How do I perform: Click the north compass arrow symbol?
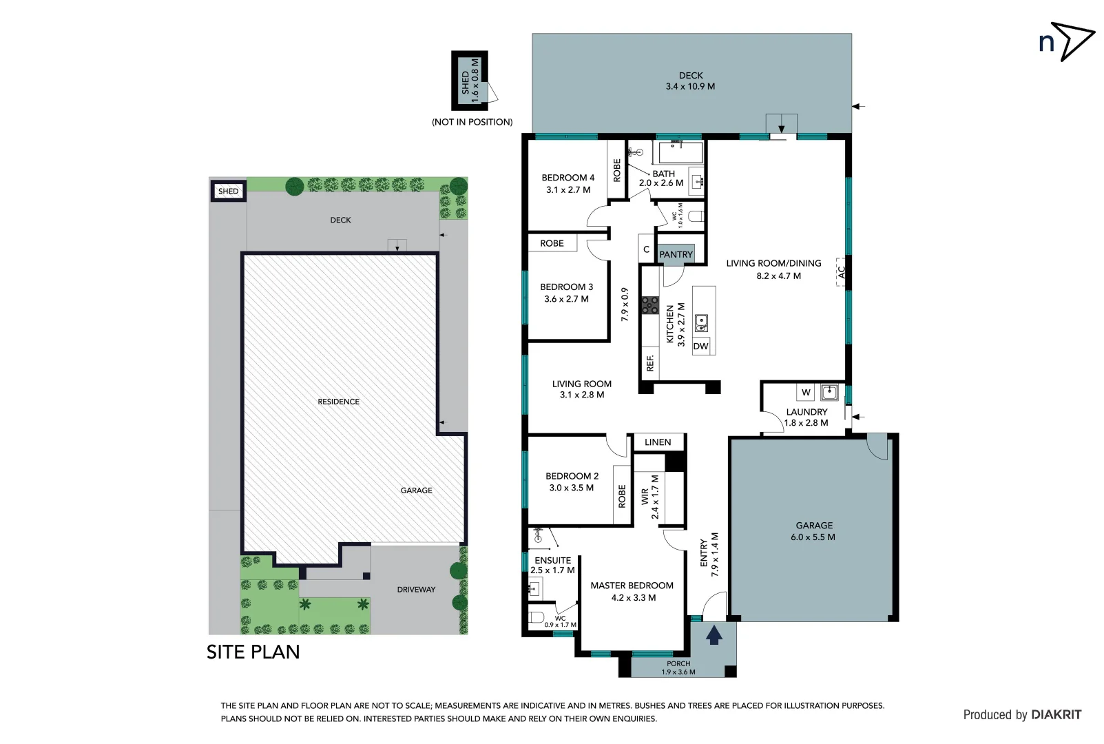[x=1075, y=41]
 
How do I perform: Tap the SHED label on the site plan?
[x=229, y=192]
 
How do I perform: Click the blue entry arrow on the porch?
[x=714, y=634]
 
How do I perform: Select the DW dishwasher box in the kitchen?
[x=701, y=346]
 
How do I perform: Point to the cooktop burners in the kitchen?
[x=649, y=305]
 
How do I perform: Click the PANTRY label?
[x=676, y=254]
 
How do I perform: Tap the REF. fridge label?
[x=650, y=363]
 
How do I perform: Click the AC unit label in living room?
[x=841, y=272]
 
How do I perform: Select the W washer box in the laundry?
[x=806, y=393]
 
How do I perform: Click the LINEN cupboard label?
[x=658, y=442]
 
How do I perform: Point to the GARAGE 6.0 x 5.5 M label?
[x=813, y=531]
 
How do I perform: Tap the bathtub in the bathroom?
[x=680, y=152]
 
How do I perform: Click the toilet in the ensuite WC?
[x=537, y=617]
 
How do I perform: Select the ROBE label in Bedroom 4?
[x=617, y=170]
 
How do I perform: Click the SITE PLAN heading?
[x=253, y=652]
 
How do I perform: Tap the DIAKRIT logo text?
[x=1056, y=715]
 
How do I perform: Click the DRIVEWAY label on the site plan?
[x=416, y=590]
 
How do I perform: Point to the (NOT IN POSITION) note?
[x=472, y=122]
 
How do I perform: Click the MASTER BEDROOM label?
[x=632, y=586]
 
